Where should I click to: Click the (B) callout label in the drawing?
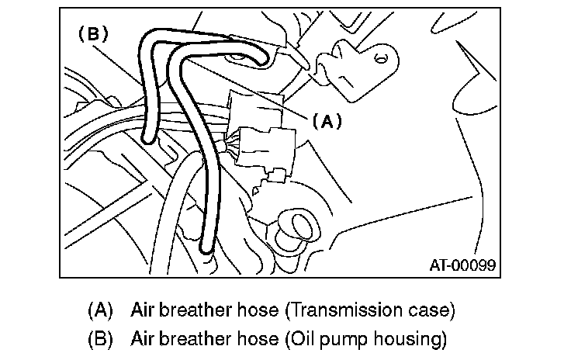coord(92,34)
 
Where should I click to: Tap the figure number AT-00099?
coord(462,265)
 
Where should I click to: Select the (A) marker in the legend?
coord(101,310)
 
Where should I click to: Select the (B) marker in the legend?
coord(101,338)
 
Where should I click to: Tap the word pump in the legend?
coord(340,339)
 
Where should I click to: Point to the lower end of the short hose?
coord(147,137)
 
